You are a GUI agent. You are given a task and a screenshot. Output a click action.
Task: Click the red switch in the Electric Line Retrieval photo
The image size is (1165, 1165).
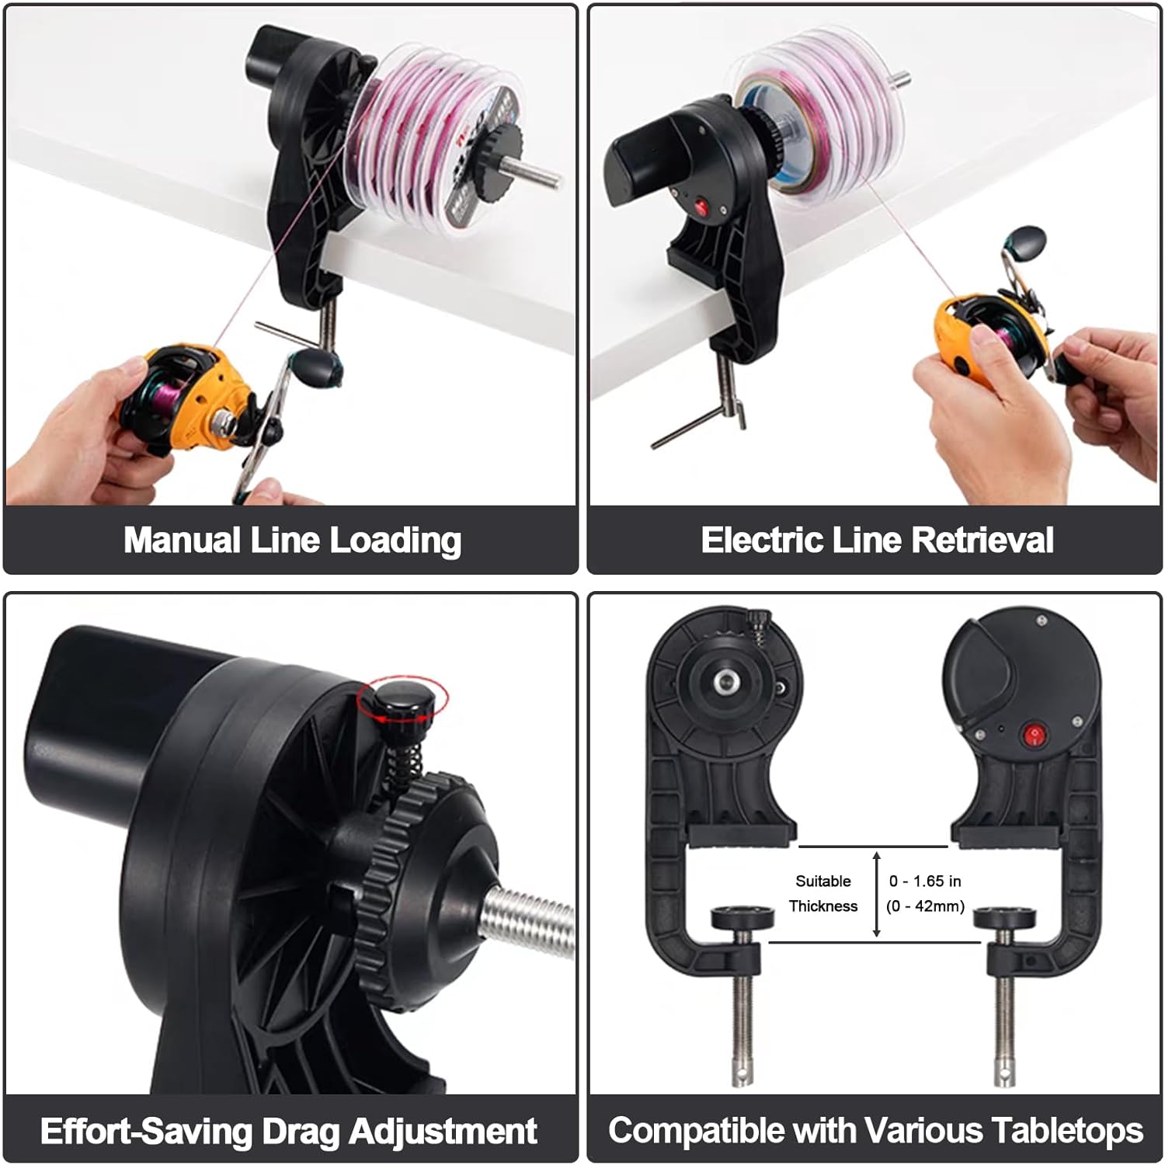coord(701,207)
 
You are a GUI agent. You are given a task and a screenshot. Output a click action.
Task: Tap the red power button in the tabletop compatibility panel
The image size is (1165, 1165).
coord(1033,735)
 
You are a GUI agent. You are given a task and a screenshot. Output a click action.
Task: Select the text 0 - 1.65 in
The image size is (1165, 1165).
coord(924,881)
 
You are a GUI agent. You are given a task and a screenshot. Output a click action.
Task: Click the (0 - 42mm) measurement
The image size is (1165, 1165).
coord(925,906)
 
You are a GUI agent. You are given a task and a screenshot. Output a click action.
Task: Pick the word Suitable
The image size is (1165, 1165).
coord(822,881)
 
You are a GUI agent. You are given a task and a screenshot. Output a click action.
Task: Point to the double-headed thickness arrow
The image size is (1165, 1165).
coord(877,893)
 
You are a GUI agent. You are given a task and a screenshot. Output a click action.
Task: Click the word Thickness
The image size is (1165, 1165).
coord(822,906)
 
